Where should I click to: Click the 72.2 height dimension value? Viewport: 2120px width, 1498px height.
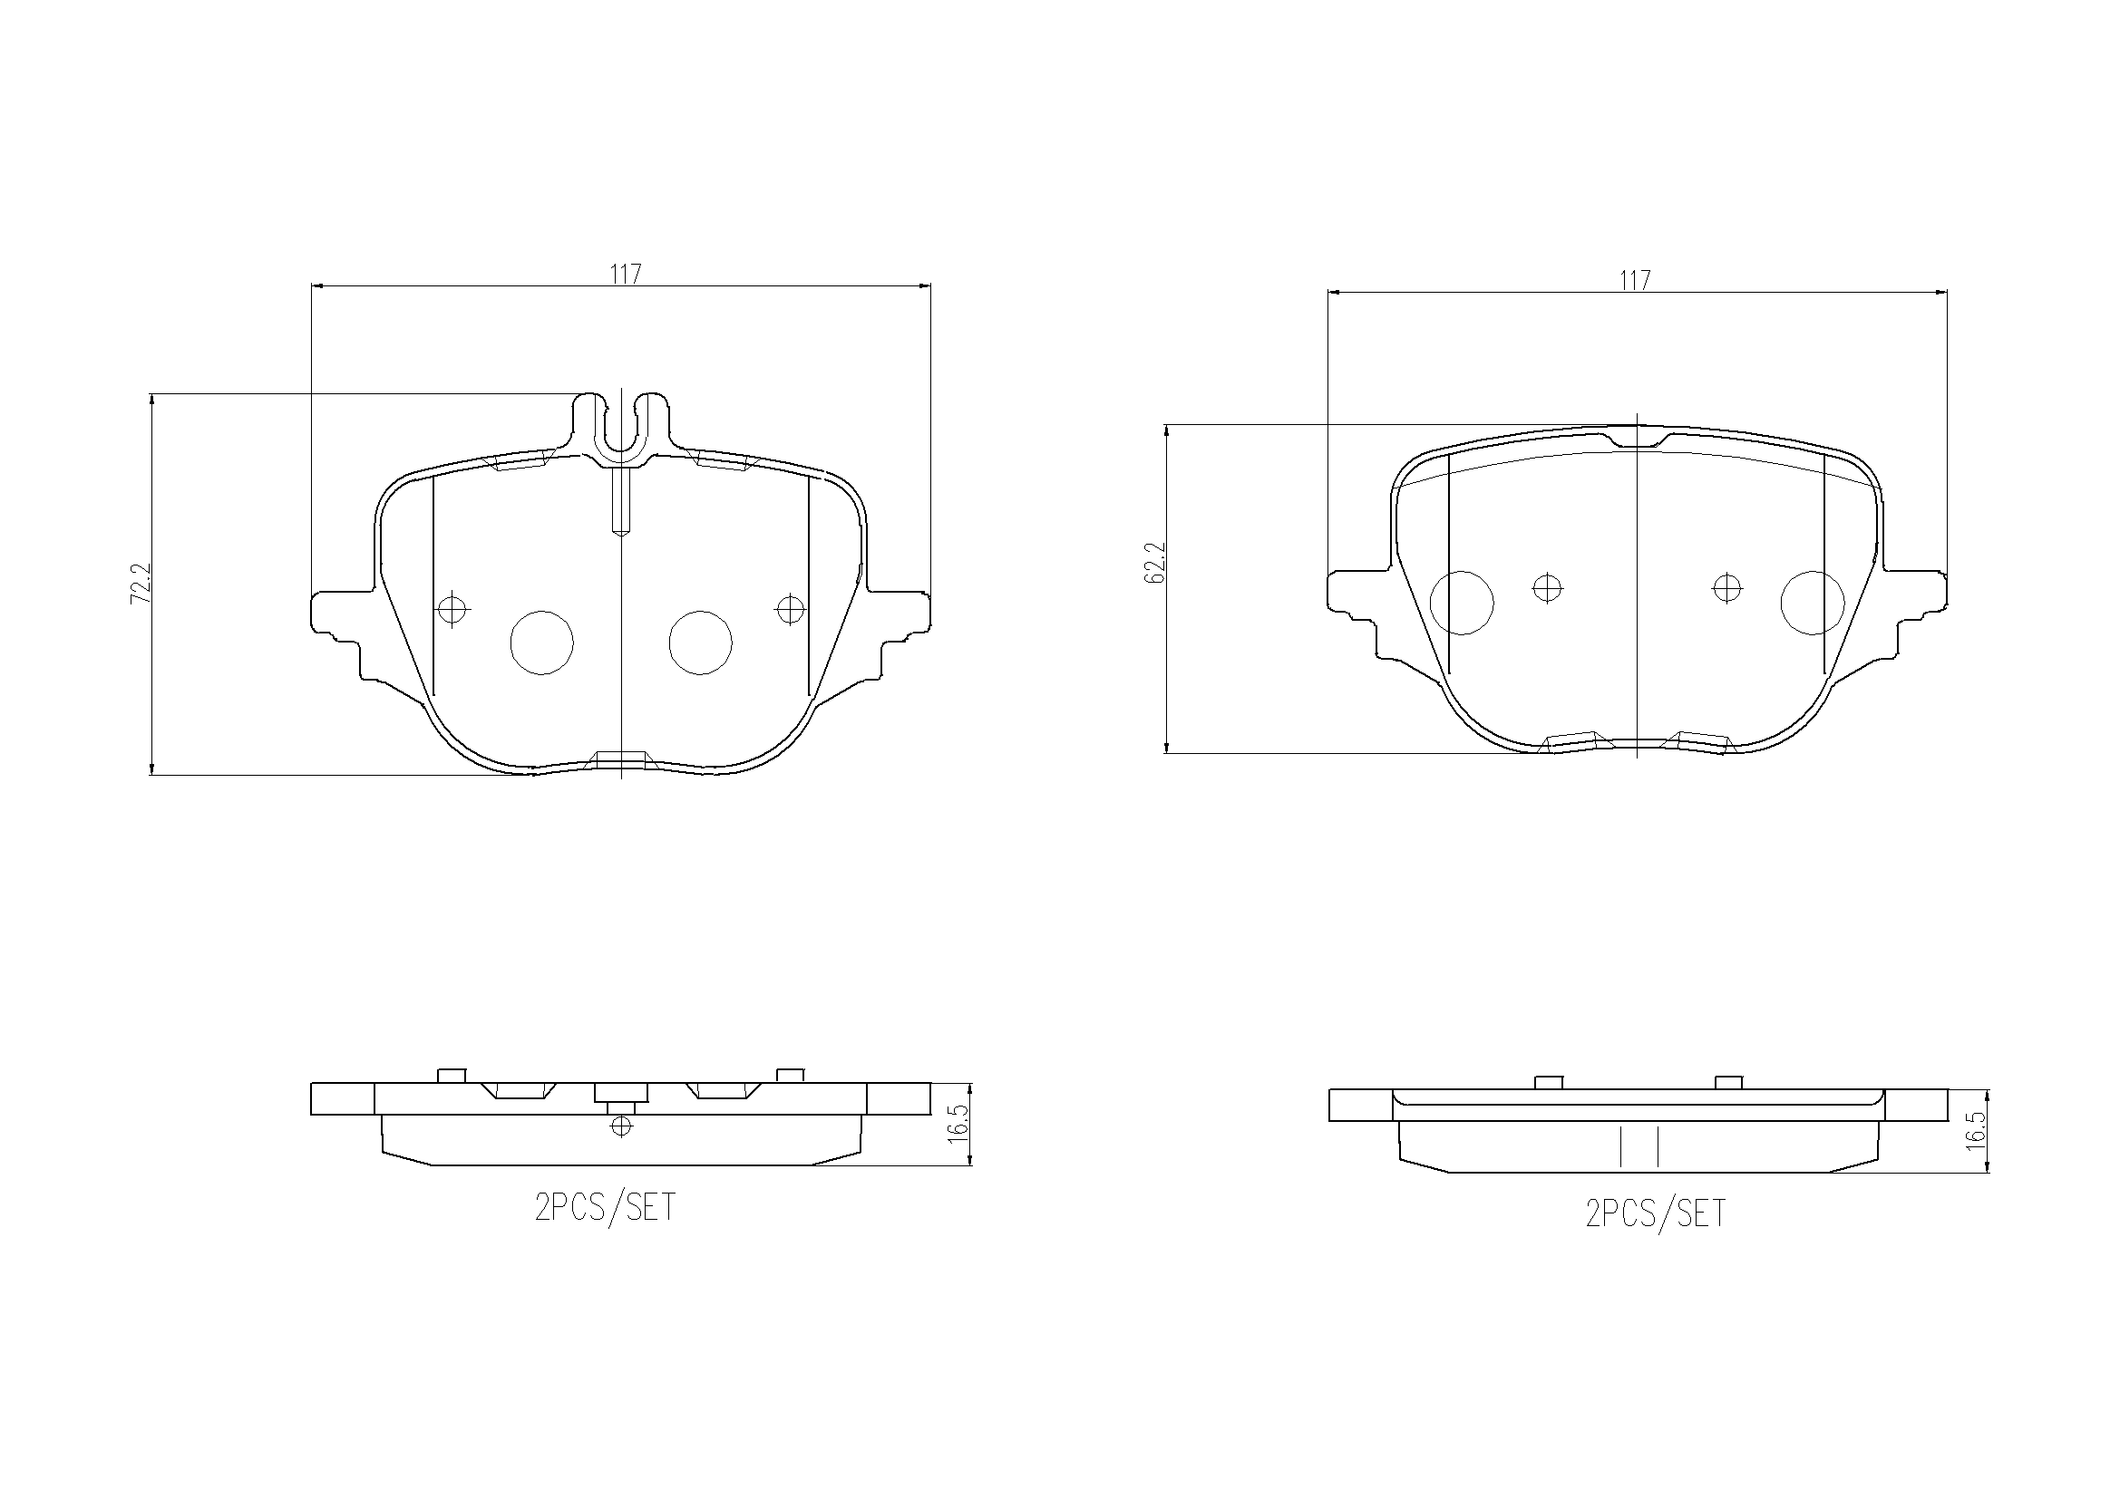[141, 584]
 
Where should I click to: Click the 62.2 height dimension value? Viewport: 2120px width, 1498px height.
[1155, 562]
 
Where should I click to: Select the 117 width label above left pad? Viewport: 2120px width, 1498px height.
[625, 274]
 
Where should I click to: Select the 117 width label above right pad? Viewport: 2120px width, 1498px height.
[1634, 281]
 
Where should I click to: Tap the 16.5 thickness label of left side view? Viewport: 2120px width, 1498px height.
[958, 1125]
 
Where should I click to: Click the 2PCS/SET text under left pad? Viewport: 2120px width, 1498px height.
[605, 1207]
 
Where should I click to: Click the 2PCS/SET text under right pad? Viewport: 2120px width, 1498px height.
[1655, 1213]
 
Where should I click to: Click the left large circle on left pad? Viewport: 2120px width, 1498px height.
[542, 643]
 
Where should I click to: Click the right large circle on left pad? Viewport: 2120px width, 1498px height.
[700, 643]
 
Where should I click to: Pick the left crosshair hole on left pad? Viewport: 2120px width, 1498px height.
[451, 609]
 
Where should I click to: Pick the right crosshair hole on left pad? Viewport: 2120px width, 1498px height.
[790, 609]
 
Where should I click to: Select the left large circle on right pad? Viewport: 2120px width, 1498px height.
[1461, 603]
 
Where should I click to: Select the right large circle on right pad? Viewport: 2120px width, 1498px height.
[1812, 603]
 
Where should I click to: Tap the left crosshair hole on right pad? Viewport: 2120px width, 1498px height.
[1547, 587]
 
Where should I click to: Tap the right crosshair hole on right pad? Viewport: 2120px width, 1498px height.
[1726, 587]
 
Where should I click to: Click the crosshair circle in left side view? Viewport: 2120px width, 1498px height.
[621, 1126]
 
